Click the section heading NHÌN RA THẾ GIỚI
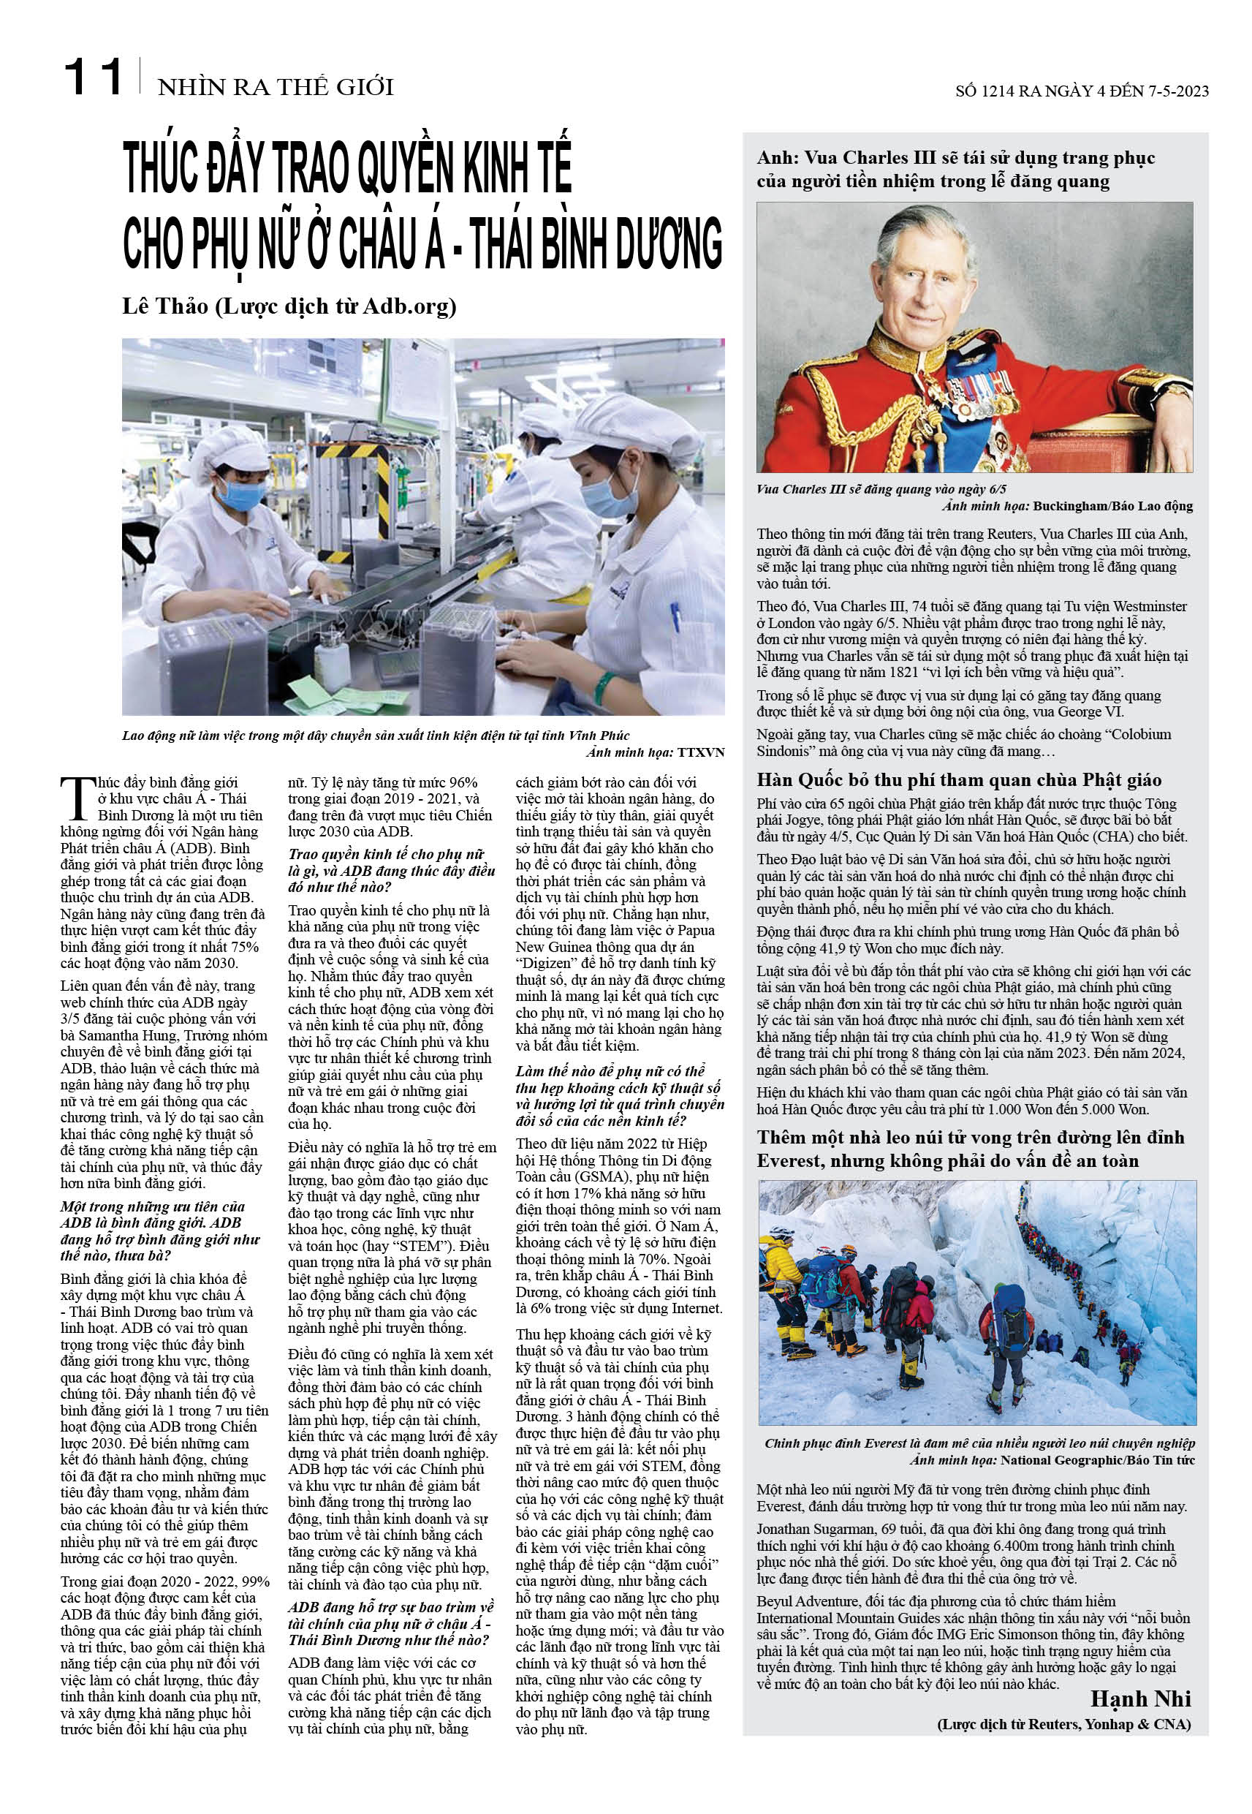click(276, 87)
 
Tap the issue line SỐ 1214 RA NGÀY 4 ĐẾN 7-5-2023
click(1082, 91)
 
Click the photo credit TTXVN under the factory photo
click(700, 752)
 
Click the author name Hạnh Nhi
click(1140, 1698)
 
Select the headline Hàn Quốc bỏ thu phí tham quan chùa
click(959, 780)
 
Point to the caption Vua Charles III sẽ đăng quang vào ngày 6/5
click(881, 489)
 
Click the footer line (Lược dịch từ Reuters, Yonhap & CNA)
click(1063, 1724)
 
